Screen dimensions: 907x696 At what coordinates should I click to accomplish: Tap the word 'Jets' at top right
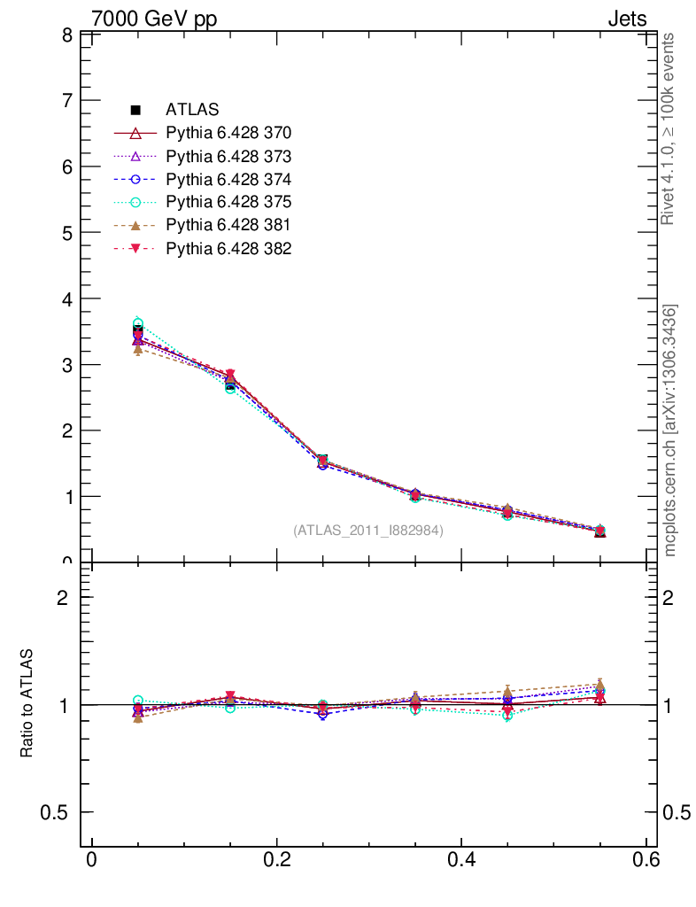tap(627, 19)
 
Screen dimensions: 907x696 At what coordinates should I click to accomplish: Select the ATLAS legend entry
tap(192, 111)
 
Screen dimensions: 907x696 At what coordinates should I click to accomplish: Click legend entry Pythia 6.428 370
tap(228, 134)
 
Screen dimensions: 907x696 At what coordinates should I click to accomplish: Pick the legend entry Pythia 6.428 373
tap(228, 157)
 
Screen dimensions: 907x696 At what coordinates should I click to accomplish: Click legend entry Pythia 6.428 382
tap(228, 249)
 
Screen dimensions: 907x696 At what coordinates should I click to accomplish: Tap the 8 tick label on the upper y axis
tap(66, 35)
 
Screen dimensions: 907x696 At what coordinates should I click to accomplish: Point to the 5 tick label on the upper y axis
tap(66, 233)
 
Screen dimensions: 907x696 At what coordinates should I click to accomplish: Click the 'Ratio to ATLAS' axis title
tap(27, 703)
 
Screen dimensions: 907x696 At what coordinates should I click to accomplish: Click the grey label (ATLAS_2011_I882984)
tap(368, 531)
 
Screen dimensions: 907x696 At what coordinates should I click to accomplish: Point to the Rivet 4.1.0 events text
tap(669, 129)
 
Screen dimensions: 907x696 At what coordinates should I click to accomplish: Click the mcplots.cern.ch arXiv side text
tap(670, 430)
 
